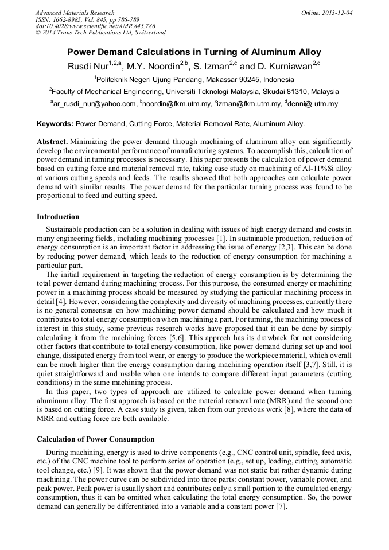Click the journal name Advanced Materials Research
tap(75, 13)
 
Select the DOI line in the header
tap(95, 26)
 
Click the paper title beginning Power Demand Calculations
tap(194, 52)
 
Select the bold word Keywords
tap(55, 123)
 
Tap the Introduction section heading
tap(58, 217)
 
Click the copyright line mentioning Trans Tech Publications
tap(100, 33)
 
